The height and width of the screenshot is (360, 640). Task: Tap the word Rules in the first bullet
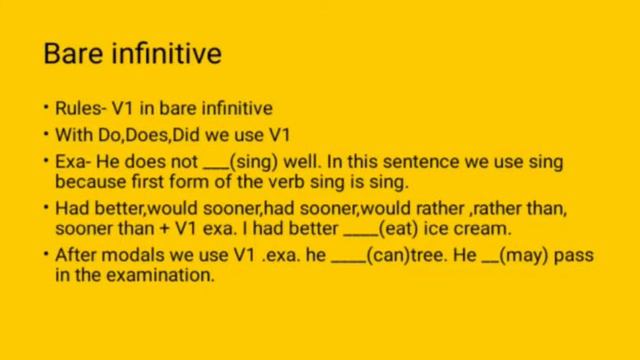tap(74, 107)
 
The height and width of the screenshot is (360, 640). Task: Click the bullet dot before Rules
tap(46, 107)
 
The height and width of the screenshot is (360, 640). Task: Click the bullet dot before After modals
tap(46, 255)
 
